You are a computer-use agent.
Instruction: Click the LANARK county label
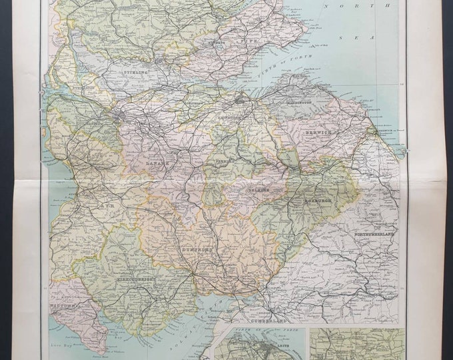[x=161, y=161]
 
